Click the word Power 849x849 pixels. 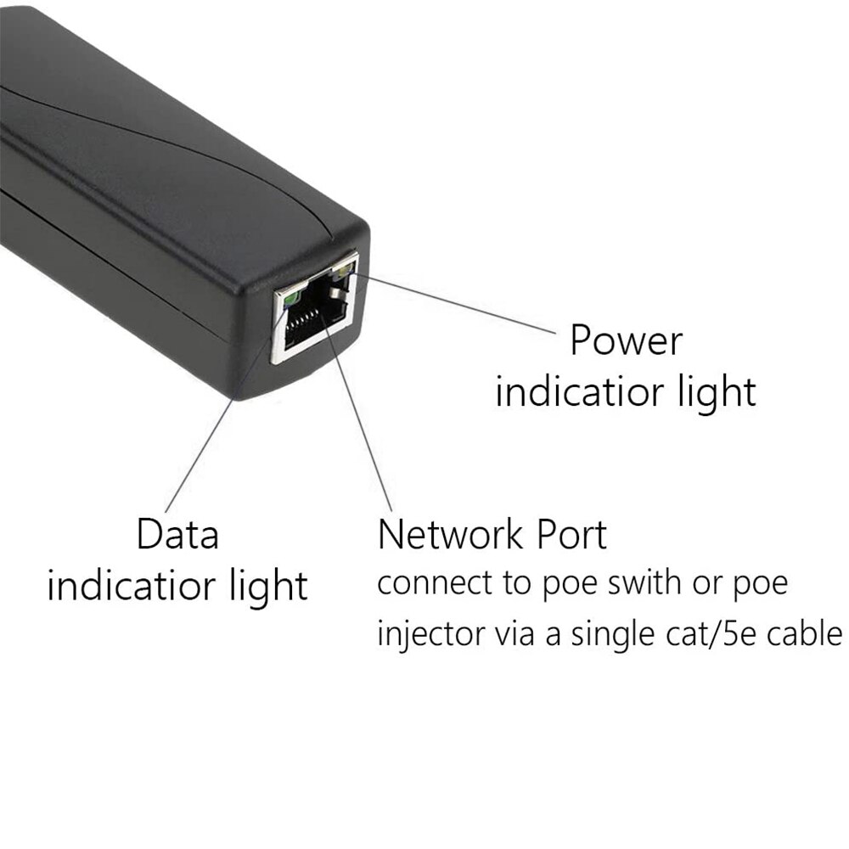626,341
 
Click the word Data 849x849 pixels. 177,535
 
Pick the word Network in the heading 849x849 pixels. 450,535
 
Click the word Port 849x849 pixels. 571,535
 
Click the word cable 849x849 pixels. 805,634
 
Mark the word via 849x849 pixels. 514,634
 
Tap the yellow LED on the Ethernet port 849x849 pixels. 343,271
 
